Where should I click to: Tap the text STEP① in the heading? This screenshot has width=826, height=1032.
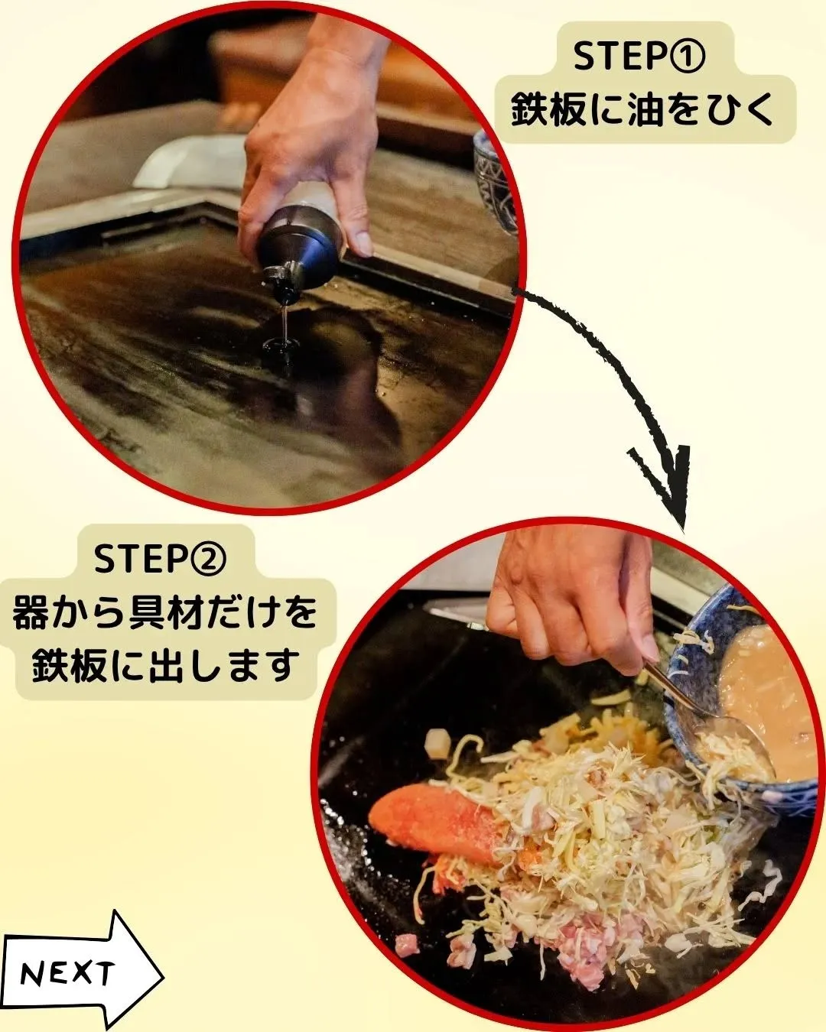click(641, 57)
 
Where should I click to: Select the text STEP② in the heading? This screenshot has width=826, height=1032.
click(161, 560)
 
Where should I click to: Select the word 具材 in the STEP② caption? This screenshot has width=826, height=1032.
click(177, 613)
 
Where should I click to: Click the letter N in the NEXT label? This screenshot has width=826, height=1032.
click(33, 975)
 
